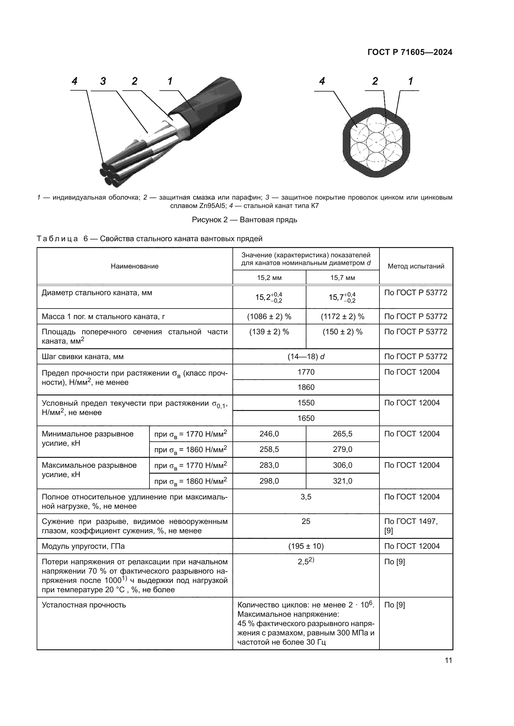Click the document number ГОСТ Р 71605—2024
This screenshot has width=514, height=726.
[x=410, y=52]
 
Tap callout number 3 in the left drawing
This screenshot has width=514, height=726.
[x=103, y=81]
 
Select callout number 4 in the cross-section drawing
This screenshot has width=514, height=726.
[x=322, y=81]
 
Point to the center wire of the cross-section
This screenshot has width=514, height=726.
[x=376, y=143]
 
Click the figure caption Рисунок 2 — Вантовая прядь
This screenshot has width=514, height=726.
[x=244, y=219]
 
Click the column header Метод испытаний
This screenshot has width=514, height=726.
[x=416, y=266]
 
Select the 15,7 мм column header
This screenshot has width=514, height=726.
[x=342, y=277]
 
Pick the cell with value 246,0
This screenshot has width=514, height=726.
[x=269, y=434]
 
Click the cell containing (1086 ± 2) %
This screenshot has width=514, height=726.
[x=269, y=317]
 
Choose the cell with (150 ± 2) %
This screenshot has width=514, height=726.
[x=342, y=332]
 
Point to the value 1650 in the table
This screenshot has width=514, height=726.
[x=306, y=418]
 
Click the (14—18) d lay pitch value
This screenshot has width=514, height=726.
[x=306, y=357]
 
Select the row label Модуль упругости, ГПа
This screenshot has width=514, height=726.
[x=83, y=546]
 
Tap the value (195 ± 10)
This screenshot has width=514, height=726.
[x=306, y=546]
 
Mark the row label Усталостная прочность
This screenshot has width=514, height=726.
[x=84, y=605]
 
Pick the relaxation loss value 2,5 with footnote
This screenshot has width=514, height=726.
[x=306, y=562]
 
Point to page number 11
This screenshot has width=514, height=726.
[x=448, y=661]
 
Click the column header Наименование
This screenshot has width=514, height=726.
[x=135, y=266]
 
